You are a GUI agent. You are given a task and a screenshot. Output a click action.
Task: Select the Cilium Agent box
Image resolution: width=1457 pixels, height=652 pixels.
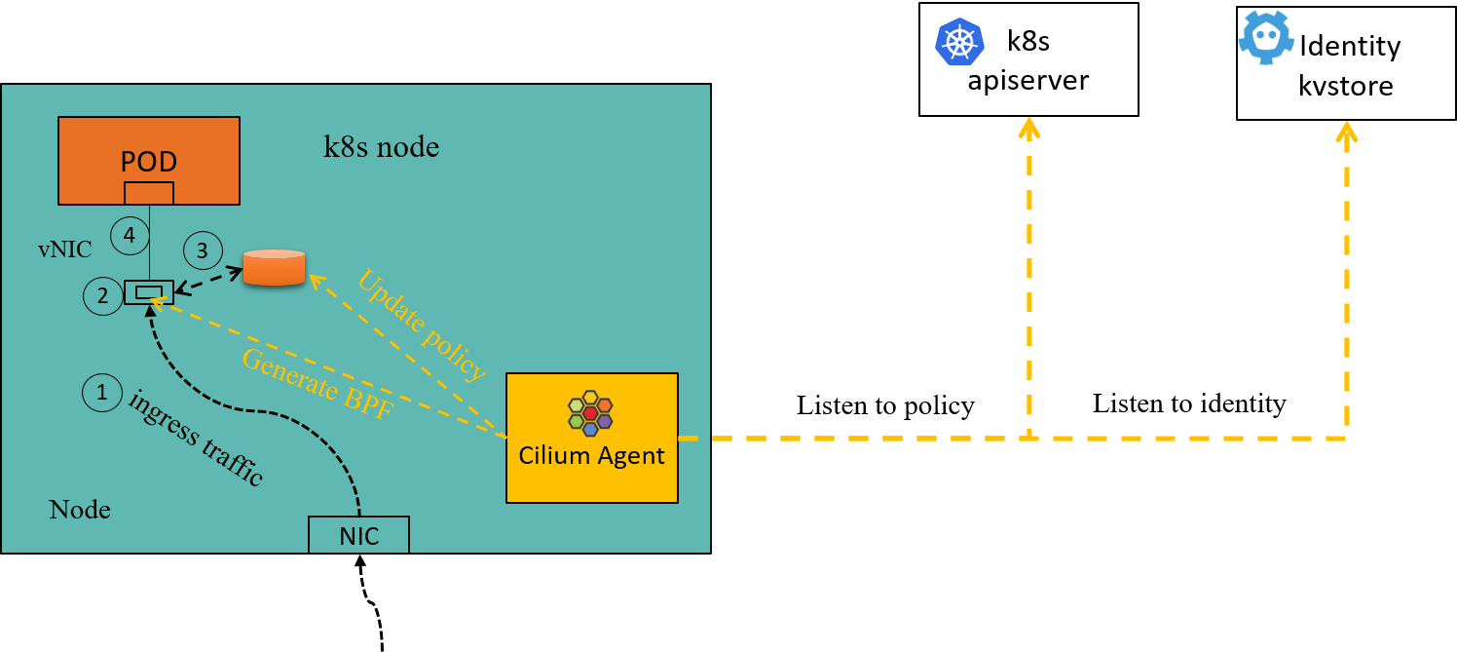click(x=591, y=438)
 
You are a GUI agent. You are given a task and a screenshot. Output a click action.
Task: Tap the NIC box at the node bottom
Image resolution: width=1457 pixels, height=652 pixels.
click(x=358, y=534)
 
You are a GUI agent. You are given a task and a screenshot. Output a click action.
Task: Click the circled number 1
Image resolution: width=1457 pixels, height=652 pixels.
click(x=102, y=392)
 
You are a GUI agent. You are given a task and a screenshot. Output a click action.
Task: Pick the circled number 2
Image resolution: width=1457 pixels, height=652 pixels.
click(x=103, y=295)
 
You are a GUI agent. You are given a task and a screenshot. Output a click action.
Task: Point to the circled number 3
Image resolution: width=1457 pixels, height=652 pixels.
click(x=203, y=250)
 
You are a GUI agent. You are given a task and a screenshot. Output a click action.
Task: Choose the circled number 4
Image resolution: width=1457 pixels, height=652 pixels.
click(x=129, y=235)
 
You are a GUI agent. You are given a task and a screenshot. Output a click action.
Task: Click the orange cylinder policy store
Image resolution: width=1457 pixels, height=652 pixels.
click(x=274, y=268)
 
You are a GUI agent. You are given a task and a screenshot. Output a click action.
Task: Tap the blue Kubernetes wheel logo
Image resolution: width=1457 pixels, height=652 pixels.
click(x=959, y=42)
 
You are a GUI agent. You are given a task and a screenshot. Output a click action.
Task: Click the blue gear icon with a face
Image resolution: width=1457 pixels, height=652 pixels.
click(x=1265, y=38)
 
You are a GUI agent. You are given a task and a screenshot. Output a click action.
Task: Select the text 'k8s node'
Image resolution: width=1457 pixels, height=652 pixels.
click(x=381, y=147)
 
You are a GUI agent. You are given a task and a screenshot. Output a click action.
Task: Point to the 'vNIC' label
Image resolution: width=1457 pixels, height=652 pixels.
click(x=65, y=249)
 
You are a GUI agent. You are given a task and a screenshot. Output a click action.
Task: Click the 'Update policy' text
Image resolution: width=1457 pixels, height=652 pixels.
click(x=421, y=325)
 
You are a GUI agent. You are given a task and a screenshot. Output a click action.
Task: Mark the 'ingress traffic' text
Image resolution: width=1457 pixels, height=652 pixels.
click(x=196, y=438)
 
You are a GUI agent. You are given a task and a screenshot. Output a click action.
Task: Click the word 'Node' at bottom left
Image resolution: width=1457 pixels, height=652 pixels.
click(x=80, y=510)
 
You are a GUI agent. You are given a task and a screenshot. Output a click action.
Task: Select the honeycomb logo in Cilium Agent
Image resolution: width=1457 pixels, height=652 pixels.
click(x=590, y=412)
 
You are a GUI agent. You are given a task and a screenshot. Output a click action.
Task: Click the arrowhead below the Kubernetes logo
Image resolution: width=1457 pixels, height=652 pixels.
click(x=1028, y=127)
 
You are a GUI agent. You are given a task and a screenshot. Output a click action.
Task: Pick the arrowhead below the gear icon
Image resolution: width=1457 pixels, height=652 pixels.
click(x=1346, y=131)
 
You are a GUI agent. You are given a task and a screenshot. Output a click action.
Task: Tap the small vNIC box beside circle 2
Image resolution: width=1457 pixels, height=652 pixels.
click(x=149, y=291)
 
